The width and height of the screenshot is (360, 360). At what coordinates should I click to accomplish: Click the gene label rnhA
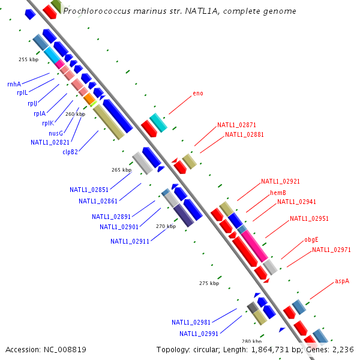(x=14, y=85)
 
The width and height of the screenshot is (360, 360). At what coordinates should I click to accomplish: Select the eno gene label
(x=198, y=94)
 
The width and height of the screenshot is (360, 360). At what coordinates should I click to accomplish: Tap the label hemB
(x=278, y=193)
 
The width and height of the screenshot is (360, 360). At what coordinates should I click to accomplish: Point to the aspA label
(x=342, y=280)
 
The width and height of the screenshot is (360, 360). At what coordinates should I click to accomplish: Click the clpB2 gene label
(x=70, y=152)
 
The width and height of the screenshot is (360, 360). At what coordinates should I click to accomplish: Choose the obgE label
(x=311, y=239)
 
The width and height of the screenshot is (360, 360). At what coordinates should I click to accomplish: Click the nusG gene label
(x=56, y=133)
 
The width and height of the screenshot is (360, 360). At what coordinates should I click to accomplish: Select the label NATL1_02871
(x=236, y=125)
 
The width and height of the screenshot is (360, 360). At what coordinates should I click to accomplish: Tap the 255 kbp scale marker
(x=29, y=59)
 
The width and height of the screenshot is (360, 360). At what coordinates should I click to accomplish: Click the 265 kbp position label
(x=121, y=170)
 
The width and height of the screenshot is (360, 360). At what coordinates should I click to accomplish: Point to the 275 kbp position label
(x=209, y=283)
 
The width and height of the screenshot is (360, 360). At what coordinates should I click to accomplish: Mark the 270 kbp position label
(x=166, y=227)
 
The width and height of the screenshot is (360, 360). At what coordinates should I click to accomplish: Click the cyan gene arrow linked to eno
(x=158, y=122)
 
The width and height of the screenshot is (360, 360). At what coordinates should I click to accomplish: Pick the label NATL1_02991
(x=199, y=334)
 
